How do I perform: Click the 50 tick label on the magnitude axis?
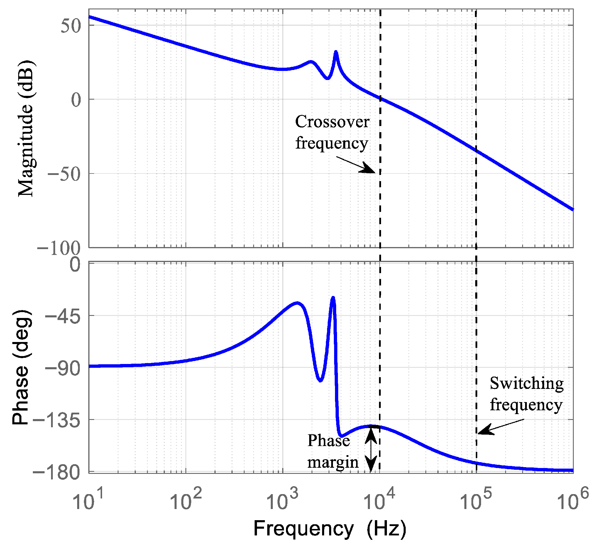(x=71, y=26)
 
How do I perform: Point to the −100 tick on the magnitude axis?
(x=59, y=248)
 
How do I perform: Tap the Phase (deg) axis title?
(x=21, y=367)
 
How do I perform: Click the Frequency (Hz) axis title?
(x=330, y=529)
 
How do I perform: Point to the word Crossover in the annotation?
(x=332, y=122)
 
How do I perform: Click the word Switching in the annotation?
(x=527, y=383)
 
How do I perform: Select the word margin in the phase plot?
(x=333, y=463)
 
